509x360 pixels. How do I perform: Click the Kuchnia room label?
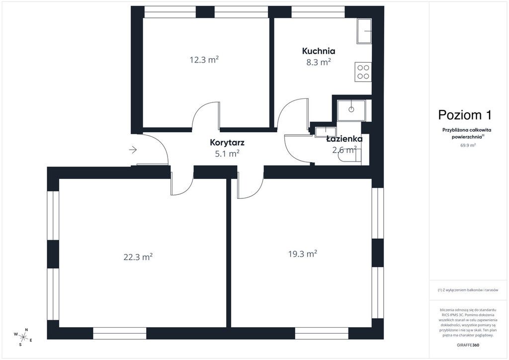point(319,51)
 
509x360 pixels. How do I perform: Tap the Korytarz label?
point(227,143)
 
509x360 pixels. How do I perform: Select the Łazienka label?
point(344,139)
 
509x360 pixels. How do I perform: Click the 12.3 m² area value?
point(204,60)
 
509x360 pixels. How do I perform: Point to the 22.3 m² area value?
point(138,257)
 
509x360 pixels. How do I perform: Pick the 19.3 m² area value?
point(303,254)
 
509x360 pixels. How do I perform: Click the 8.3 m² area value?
point(319,62)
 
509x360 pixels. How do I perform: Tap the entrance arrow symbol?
point(133,150)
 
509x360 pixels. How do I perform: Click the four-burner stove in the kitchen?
point(363,72)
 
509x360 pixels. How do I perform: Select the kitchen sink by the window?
point(364,31)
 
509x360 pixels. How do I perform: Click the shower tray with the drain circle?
point(351,110)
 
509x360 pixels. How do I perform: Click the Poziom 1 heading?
point(465,114)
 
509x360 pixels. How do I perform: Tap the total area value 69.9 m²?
point(468,145)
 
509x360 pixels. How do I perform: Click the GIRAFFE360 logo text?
point(467,345)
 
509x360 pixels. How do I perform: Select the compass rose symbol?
point(23,337)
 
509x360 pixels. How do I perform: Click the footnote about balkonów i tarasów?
point(468,290)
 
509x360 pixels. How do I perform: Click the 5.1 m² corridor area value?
point(227,153)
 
